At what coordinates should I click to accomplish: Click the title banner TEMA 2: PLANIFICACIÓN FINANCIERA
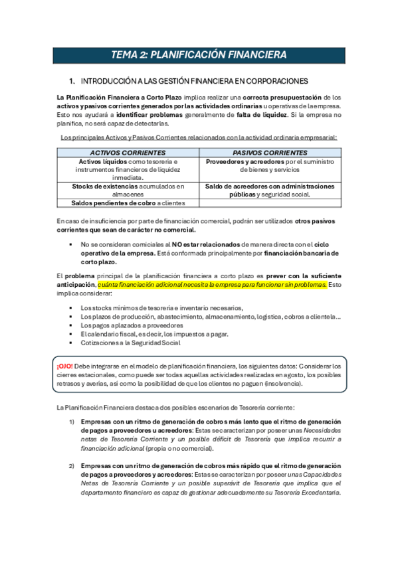[x=199, y=54]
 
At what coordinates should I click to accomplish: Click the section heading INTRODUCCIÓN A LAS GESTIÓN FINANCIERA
[x=194, y=81]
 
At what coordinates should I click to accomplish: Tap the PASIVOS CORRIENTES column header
[x=270, y=153]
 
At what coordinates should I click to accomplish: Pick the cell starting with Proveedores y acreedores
[x=270, y=166]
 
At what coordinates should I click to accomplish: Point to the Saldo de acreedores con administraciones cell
[x=270, y=191]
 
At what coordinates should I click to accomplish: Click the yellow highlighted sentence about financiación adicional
[x=212, y=284]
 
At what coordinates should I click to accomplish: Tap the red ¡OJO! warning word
[x=65, y=366]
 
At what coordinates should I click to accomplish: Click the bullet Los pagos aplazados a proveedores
[x=132, y=325]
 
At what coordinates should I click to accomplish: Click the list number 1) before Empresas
[x=72, y=422]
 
